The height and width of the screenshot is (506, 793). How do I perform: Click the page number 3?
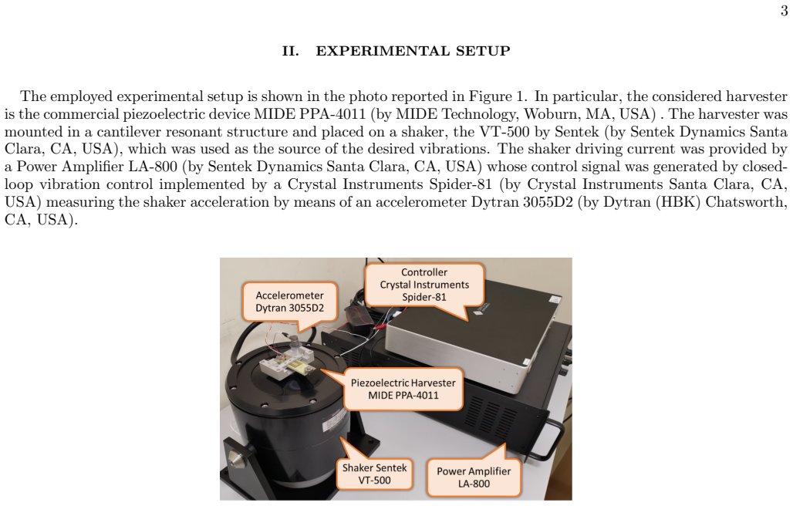784,10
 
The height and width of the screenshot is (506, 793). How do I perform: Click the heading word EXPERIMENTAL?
383,51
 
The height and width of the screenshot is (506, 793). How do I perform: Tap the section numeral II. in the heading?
291,51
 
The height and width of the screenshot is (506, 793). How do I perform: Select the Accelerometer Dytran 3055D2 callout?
290,302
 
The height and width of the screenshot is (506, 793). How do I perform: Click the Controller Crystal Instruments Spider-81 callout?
424,285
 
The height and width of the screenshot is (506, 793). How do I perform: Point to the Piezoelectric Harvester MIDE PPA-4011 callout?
403,389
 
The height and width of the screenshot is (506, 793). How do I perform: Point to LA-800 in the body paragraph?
154,167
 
